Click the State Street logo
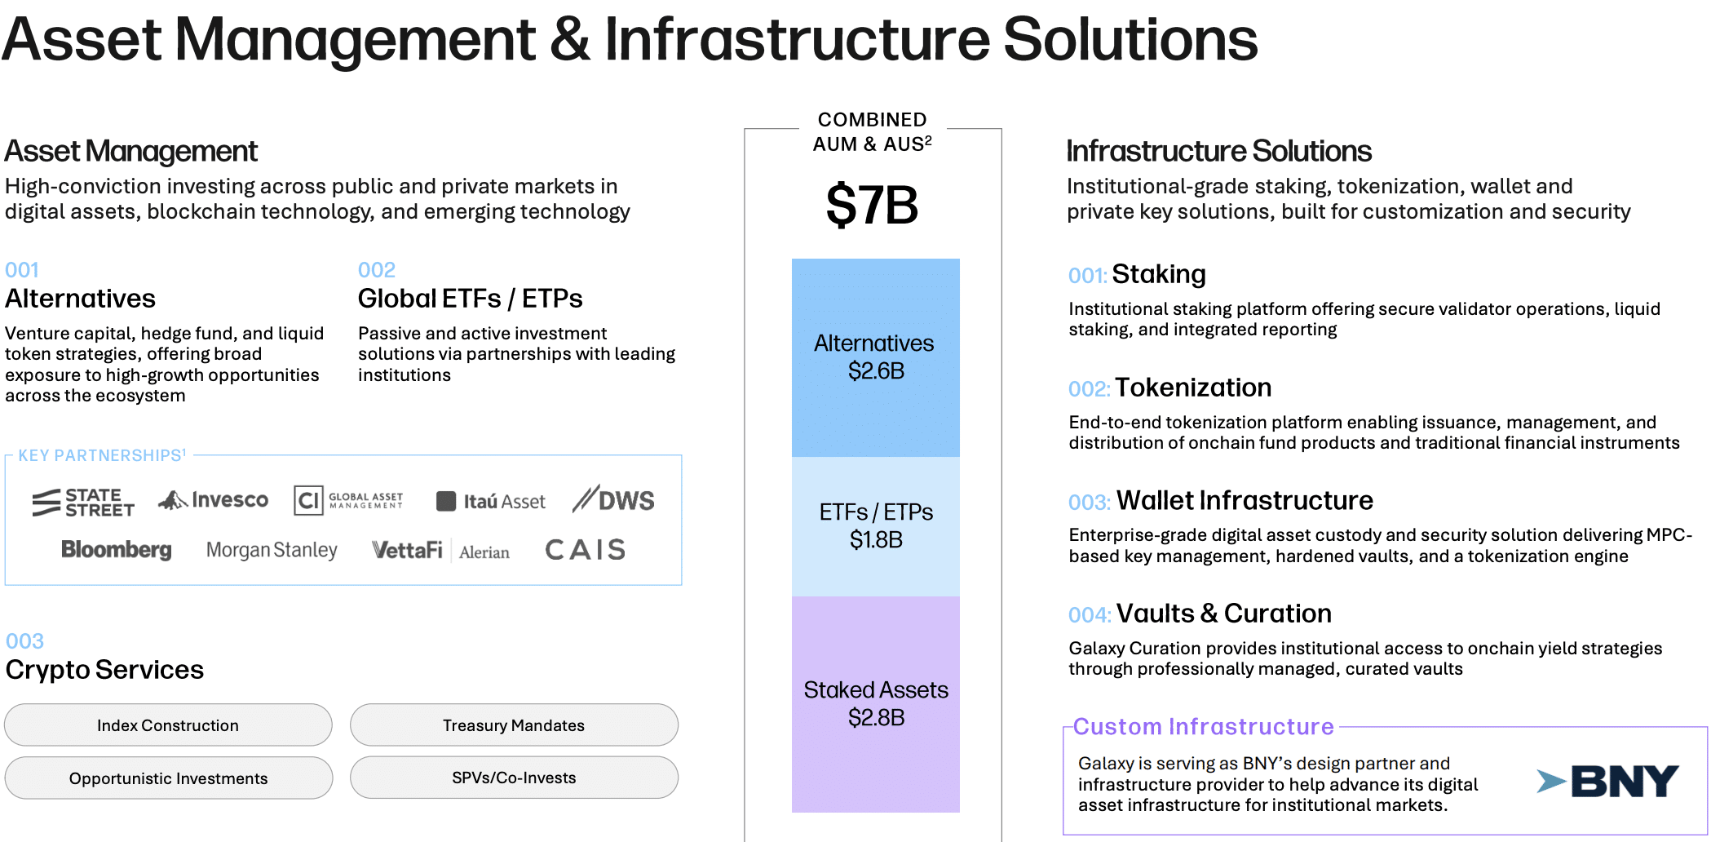coord(83,503)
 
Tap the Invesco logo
coord(213,500)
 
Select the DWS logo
coord(613,499)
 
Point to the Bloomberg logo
coord(117,550)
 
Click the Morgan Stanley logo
coord(272,551)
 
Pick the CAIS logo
coord(586,550)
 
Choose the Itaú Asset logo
coord(491,502)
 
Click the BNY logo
coord(1607,782)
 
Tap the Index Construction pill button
coord(168,725)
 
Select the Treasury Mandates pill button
coord(514,725)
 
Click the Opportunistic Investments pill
coord(168,778)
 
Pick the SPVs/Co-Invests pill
coord(514,778)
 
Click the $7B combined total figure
coord(872,205)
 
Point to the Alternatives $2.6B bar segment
coord(876,357)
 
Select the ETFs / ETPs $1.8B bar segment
coord(876,526)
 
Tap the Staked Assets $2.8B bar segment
coord(876,704)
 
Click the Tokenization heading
coord(1193,388)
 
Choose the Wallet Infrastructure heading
coord(1245,500)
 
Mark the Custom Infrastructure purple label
coord(1203,726)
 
